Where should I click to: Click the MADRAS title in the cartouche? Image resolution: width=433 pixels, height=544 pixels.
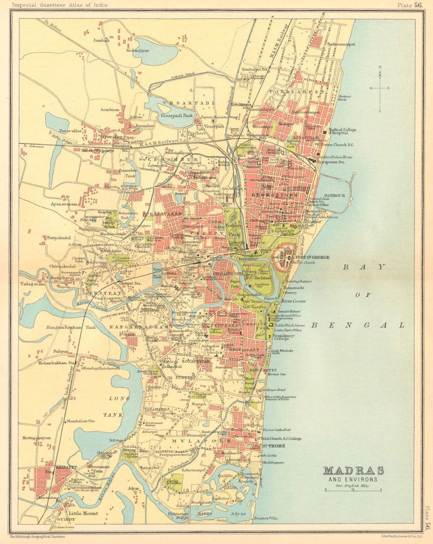[x=353, y=470]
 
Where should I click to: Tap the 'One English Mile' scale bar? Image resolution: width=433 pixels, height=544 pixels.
[x=353, y=489]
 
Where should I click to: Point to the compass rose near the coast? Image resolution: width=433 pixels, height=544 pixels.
[x=380, y=89]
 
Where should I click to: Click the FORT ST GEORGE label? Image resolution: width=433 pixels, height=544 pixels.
[x=313, y=257]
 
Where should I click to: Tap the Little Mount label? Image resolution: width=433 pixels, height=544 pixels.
[x=83, y=513]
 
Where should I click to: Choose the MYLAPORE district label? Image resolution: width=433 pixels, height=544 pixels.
[x=201, y=440]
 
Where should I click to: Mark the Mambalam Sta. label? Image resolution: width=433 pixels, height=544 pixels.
[x=82, y=421]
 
